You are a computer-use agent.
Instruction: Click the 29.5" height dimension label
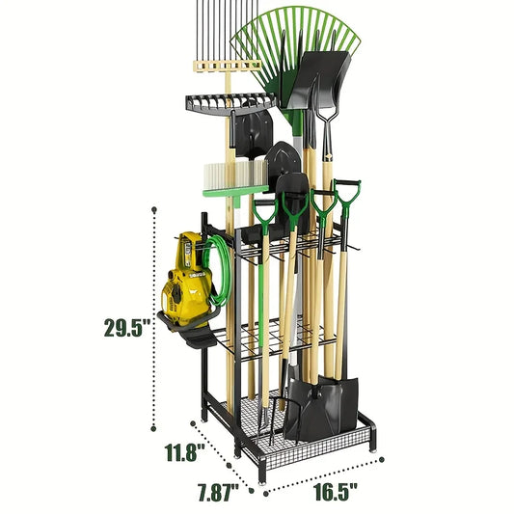[x=128, y=327]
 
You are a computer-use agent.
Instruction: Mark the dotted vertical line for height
[x=153, y=318]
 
